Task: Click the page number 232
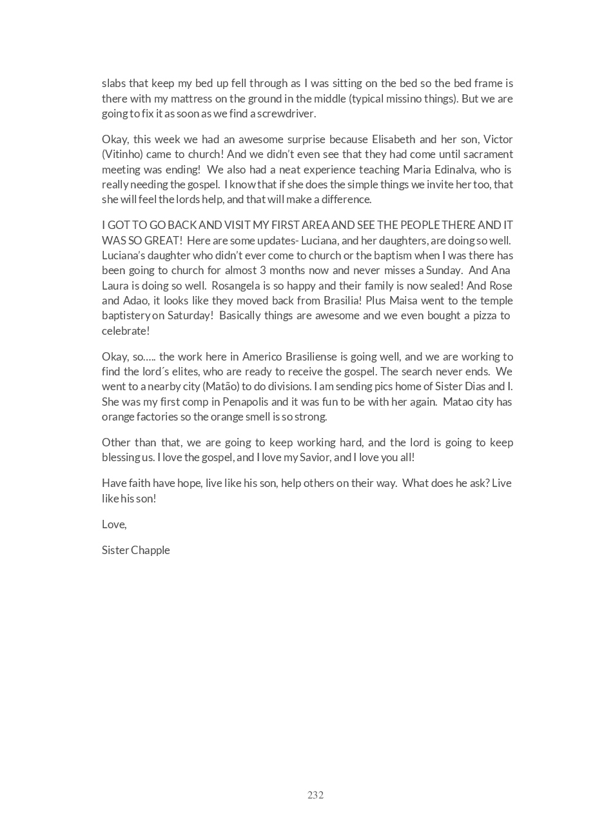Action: click(x=315, y=795)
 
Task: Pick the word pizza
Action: click(x=481, y=315)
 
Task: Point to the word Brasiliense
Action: click(x=306, y=357)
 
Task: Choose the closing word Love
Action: click(x=113, y=524)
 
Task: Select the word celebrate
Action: click(x=124, y=331)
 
